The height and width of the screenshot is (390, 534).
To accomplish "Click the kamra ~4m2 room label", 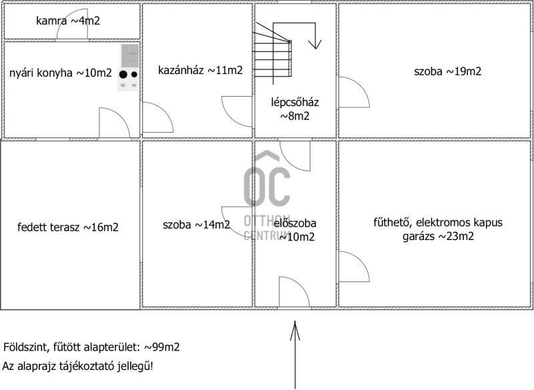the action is pos(68,21).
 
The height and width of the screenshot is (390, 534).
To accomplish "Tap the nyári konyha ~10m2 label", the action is pos(61,73).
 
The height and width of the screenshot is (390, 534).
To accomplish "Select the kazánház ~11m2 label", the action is pos(200,71).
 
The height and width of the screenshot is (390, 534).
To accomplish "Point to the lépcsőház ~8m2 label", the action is pos(295,109).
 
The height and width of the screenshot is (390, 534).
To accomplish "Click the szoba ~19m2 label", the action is pos(448,71).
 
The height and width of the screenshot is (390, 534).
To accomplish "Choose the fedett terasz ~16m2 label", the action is pos(68,227).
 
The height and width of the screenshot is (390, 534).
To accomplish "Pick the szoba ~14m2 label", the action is pos(196,225).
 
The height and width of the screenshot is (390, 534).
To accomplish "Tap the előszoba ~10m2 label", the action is pos(296,230).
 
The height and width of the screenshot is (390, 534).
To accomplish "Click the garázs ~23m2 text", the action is pos(439,236).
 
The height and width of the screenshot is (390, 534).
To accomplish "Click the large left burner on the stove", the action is pos(123,75).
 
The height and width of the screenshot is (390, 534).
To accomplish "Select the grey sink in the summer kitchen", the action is pos(130,56).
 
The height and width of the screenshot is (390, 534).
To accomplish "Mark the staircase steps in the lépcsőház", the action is pos(272,54).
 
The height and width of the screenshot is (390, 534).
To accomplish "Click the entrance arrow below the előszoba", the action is pos(295,355).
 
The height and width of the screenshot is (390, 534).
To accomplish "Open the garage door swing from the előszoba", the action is pos(353,267).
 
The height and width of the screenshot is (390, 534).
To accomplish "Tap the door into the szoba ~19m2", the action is pos(353,92).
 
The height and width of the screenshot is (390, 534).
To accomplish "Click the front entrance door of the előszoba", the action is pos(294,292).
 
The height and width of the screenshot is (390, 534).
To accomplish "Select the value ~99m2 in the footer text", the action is pos(162,347).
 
